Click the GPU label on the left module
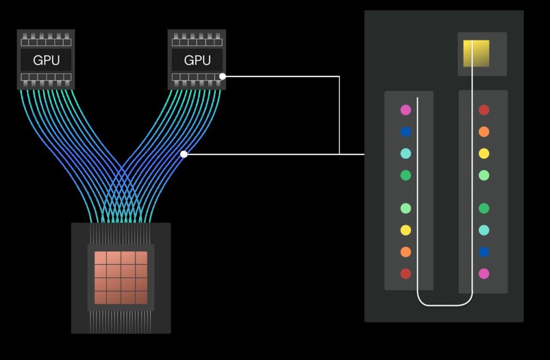(46, 60)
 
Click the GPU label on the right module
(197, 60)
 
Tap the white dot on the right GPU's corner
(223, 76)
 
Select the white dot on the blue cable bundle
(184, 154)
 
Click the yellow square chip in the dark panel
(476, 53)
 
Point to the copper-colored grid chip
(121, 277)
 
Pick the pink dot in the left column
(406, 110)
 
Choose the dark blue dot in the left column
(406, 132)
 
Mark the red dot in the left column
(406, 274)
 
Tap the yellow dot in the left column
(406, 231)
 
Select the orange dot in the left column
(406, 252)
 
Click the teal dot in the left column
(406, 154)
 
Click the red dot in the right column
(484, 110)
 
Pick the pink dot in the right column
(484, 274)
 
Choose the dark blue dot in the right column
(484, 252)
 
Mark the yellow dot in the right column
(484, 154)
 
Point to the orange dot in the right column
(484, 132)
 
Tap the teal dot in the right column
(484, 231)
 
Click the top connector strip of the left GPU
(46, 41)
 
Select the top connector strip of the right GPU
(197, 41)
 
